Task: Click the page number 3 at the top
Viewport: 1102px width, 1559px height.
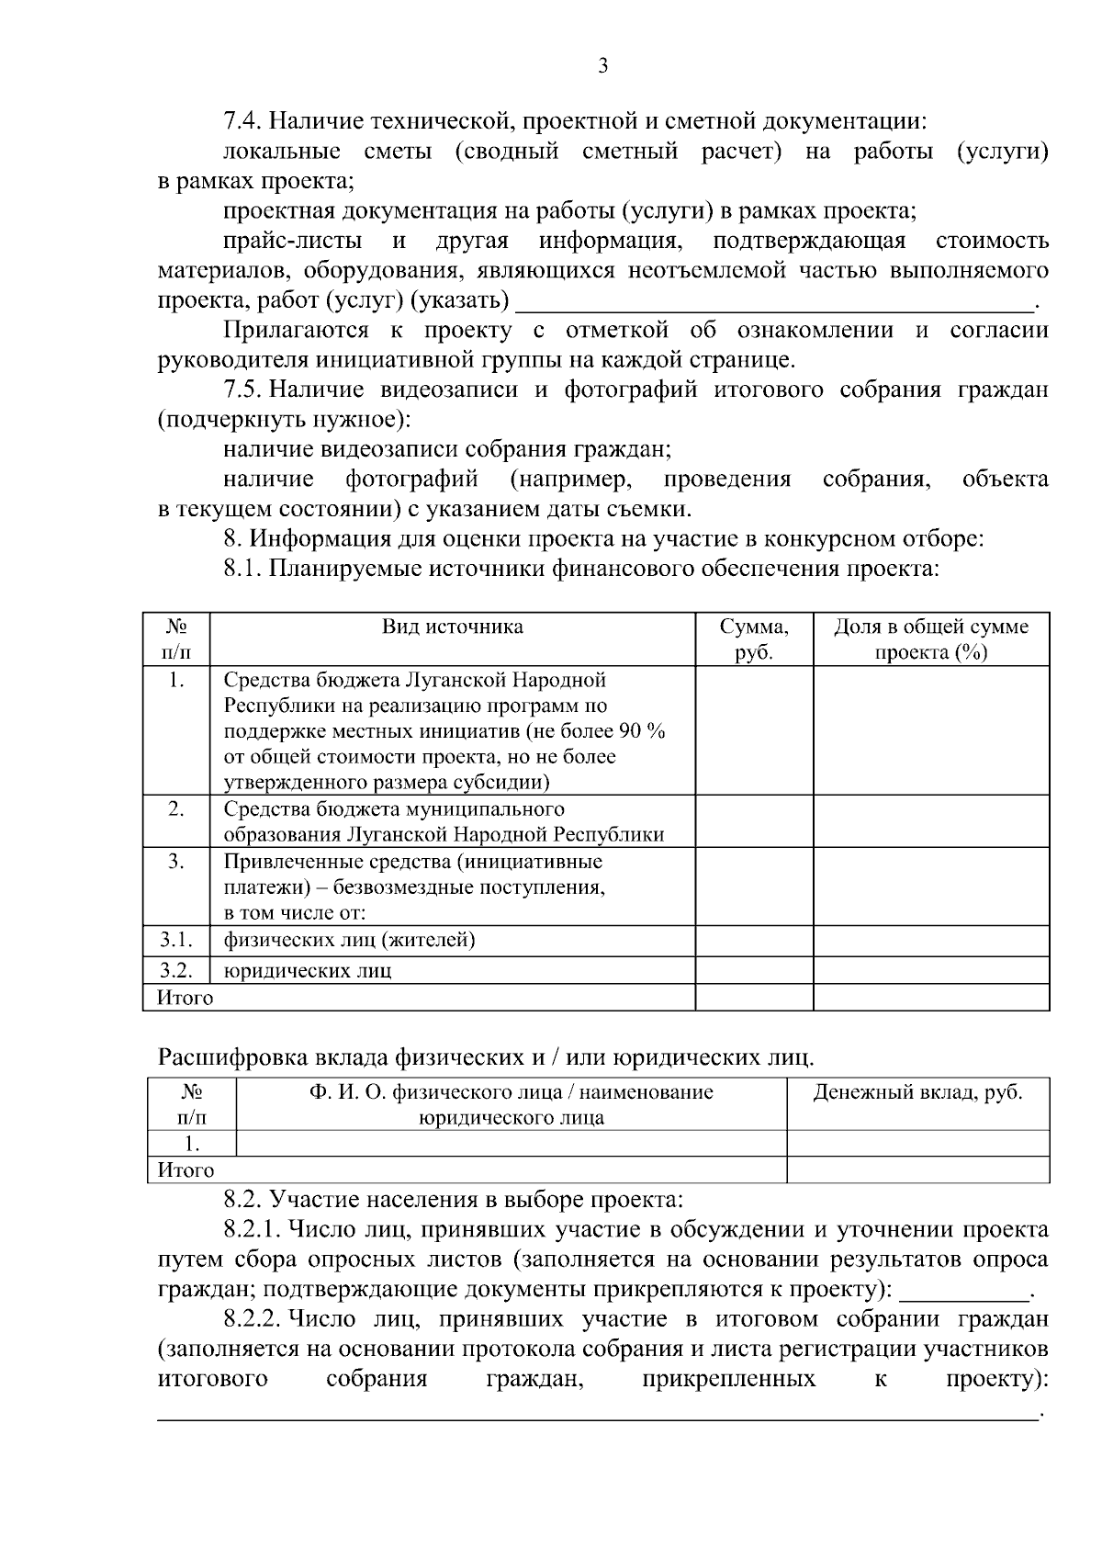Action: (602, 65)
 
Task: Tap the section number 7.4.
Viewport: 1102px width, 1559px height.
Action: (244, 121)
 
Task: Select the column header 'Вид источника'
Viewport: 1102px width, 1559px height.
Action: (453, 627)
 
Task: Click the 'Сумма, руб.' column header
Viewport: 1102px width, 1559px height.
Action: (754, 639)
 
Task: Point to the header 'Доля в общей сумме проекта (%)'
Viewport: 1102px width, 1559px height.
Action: (930, 639)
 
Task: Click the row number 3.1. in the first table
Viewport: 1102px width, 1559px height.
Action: (176, 940)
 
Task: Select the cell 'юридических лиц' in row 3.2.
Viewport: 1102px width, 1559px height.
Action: (308, 971)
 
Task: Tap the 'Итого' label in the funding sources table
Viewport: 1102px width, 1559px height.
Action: (186, 998)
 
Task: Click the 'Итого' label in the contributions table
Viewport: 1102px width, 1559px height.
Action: (186, 1170)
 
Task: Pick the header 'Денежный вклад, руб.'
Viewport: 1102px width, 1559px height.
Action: (917, 1093)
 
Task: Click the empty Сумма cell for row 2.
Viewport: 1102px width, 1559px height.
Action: (754, 821)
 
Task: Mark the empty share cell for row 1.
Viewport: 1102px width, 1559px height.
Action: (930, 730)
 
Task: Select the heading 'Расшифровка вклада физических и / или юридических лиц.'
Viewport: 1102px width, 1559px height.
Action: (486, 1057)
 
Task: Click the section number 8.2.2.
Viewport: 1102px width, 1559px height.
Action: (252, 1320)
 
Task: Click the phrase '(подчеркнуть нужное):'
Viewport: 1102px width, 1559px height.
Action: (284, 420)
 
